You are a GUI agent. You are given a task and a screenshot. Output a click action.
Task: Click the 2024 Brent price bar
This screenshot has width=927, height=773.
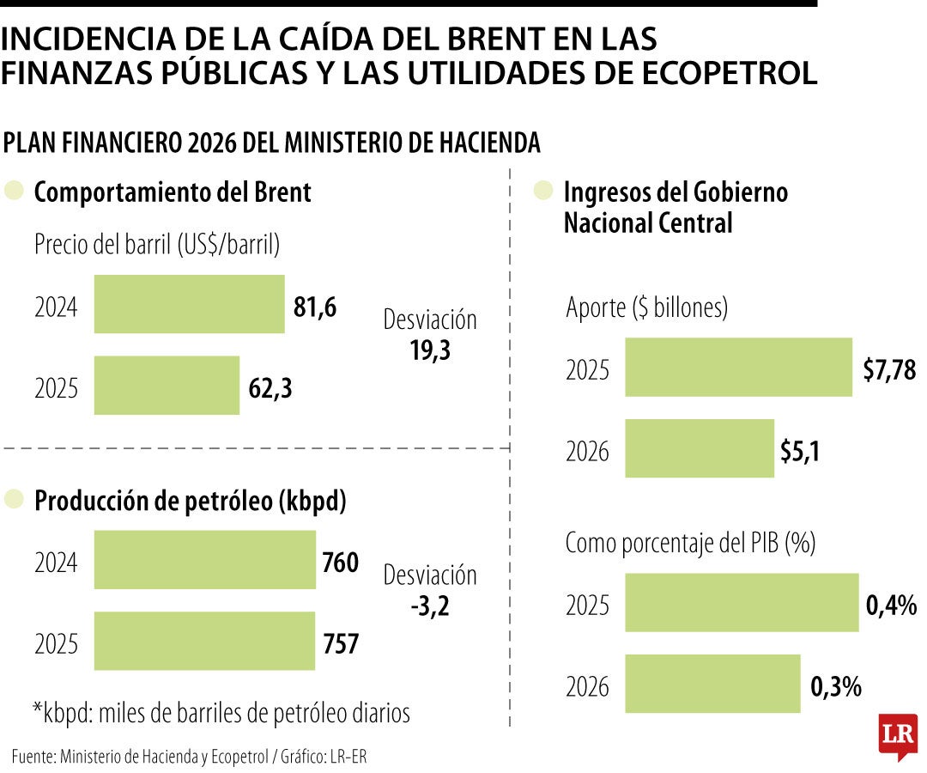point(189,304)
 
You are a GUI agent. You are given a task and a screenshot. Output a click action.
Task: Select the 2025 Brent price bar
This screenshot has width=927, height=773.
point(167,386)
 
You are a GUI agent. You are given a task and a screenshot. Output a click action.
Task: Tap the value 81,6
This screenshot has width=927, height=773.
point(315,307)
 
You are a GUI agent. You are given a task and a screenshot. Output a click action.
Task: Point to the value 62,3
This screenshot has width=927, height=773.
point(270,388)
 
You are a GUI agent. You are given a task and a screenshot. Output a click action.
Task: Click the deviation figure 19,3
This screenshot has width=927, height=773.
point(430,350)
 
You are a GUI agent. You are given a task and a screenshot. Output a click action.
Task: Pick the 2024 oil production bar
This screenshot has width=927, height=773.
point(204,560)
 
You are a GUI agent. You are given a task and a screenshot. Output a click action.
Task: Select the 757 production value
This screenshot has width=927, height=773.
point(341,642)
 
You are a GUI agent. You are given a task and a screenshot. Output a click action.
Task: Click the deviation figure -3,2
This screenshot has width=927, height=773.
point(430,606)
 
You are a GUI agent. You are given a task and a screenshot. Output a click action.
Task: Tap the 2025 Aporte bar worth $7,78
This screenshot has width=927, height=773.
point(738,368)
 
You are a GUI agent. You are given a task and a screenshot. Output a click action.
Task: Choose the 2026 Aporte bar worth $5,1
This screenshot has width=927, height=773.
point(699,448)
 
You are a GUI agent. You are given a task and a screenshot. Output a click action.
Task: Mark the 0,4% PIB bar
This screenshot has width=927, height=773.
point(742,603)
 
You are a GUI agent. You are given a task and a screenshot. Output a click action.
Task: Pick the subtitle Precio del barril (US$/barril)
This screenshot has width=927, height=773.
point(157,246)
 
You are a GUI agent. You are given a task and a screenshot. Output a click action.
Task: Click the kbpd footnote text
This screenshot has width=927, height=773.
point(221,712)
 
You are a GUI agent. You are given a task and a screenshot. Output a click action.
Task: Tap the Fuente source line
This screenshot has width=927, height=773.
point(194,756)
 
